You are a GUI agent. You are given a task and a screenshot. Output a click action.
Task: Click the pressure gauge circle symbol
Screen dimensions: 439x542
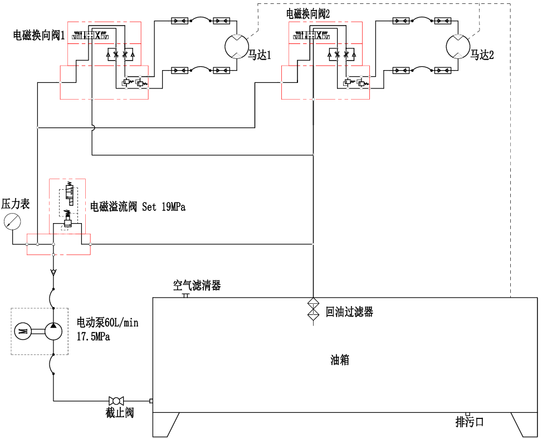pyautogui.click(x=11, y=223)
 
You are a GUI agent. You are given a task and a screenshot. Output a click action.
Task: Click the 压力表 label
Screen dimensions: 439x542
pyautogui.click(x=16, y=204)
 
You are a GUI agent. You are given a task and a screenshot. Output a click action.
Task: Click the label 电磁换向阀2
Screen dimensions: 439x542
pyautogui.click(x=308, y=14)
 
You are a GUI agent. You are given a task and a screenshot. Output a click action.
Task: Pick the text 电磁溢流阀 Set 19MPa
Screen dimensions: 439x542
pyautogui.click(x=138, y=207)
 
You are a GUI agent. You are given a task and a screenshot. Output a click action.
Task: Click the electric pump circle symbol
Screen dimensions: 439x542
pyautogui.click(x=53, y=332)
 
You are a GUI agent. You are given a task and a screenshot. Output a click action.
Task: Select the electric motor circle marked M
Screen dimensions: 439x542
pyautogui.click(x=23, y=332)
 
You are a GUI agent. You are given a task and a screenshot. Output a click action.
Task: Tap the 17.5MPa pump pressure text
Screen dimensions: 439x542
pyautogui.click(x=94, y=337)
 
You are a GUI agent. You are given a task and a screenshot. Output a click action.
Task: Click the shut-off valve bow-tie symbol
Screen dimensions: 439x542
pyautogui.click(x=116, y=401)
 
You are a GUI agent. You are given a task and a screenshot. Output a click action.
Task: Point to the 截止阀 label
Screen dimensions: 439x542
pyautogui.click(x=120, y=413)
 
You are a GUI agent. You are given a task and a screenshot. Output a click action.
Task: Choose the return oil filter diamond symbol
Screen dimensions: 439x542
pyautogui.click(x=313, y=309)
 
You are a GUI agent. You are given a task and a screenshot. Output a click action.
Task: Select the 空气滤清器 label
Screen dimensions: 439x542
pyautogui.click(x=197, y=286)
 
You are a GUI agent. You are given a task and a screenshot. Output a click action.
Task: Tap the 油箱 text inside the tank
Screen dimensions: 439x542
pyautogui.click(x=340, y=360)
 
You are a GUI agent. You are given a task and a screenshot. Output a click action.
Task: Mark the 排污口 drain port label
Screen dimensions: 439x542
pyautogui.click(x=470, y=422)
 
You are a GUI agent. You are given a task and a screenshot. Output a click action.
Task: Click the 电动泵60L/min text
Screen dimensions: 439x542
pyautogui.click(x=107, y=323)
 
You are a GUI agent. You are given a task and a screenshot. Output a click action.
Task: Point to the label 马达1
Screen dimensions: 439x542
pyautogui.click(x=259, y=55)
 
